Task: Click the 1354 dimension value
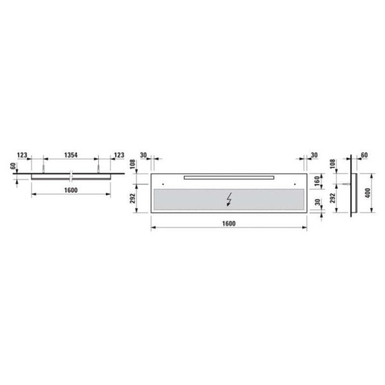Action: (x=71, y=155)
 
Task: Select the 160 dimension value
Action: (x=317, y=181)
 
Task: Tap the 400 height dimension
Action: (x=368, y=193)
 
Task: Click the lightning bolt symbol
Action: (x=229, y=199)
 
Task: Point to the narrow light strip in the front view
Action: (x=229, y=178)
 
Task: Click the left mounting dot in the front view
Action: (x=163, y=184)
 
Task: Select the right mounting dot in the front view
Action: (x=295, y=184)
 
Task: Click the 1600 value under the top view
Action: (x=71, y=191)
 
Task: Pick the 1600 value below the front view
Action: (x=229, y=224)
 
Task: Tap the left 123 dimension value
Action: (x=22, y=155)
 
